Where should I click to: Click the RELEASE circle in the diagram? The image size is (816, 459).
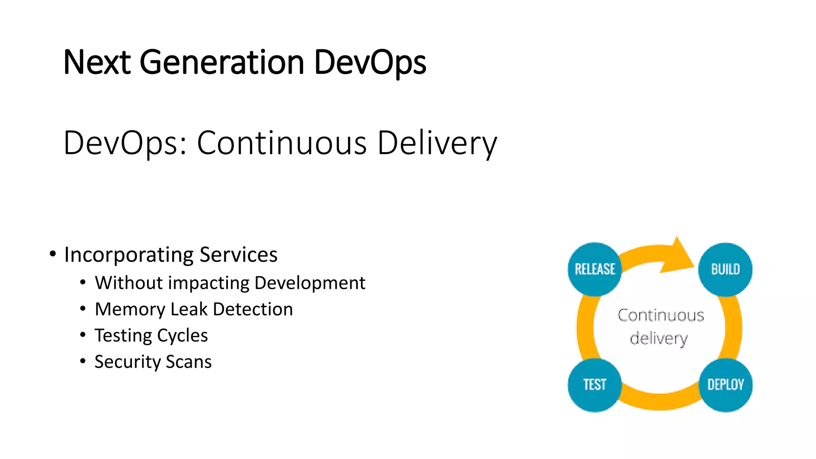pos(594,269)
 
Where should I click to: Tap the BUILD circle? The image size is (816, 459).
pos(725,269)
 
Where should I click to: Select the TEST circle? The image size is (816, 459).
pos(594,385)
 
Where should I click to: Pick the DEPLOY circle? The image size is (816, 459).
pos(725,385)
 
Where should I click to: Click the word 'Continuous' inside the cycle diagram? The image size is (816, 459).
pos(661,315)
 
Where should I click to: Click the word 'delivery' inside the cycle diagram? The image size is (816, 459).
pos(659,338)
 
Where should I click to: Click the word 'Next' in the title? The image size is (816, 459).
pos(97,62)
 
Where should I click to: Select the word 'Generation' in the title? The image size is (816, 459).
pos(222,62)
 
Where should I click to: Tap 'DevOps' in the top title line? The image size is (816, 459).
pos(370,62)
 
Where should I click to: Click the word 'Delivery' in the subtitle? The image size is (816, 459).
pos(437,143)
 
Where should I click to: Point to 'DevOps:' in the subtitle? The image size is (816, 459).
pos(125,143)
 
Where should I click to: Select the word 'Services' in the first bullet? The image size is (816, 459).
pos(238,255)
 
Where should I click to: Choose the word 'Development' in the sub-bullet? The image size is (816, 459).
pos(310,283)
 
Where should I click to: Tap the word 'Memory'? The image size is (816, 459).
pos(129,310)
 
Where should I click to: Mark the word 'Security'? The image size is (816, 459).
pos(127,362)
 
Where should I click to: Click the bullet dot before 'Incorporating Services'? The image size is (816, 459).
pos(53,254)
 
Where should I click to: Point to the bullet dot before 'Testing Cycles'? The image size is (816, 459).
pos(82,335)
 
